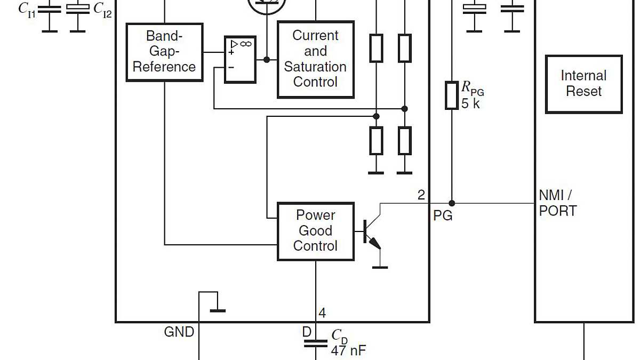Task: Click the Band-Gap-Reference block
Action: point(164,52)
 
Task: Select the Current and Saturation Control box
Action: point(316,59)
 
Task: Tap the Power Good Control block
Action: point(316,231)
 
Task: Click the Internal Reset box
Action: point(583,84)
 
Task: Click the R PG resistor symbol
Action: point(452,95)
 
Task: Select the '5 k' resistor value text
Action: point(470,104)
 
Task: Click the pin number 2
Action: point(421,195)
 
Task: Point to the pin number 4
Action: point(322,313)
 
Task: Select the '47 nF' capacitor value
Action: point(348,350)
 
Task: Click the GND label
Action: point(179,332)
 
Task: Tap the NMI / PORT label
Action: point(558,203)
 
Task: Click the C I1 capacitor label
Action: point(27,9)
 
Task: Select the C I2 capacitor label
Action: point(102,9)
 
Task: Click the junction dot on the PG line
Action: point(452,203)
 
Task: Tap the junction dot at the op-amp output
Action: point(267,59)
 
